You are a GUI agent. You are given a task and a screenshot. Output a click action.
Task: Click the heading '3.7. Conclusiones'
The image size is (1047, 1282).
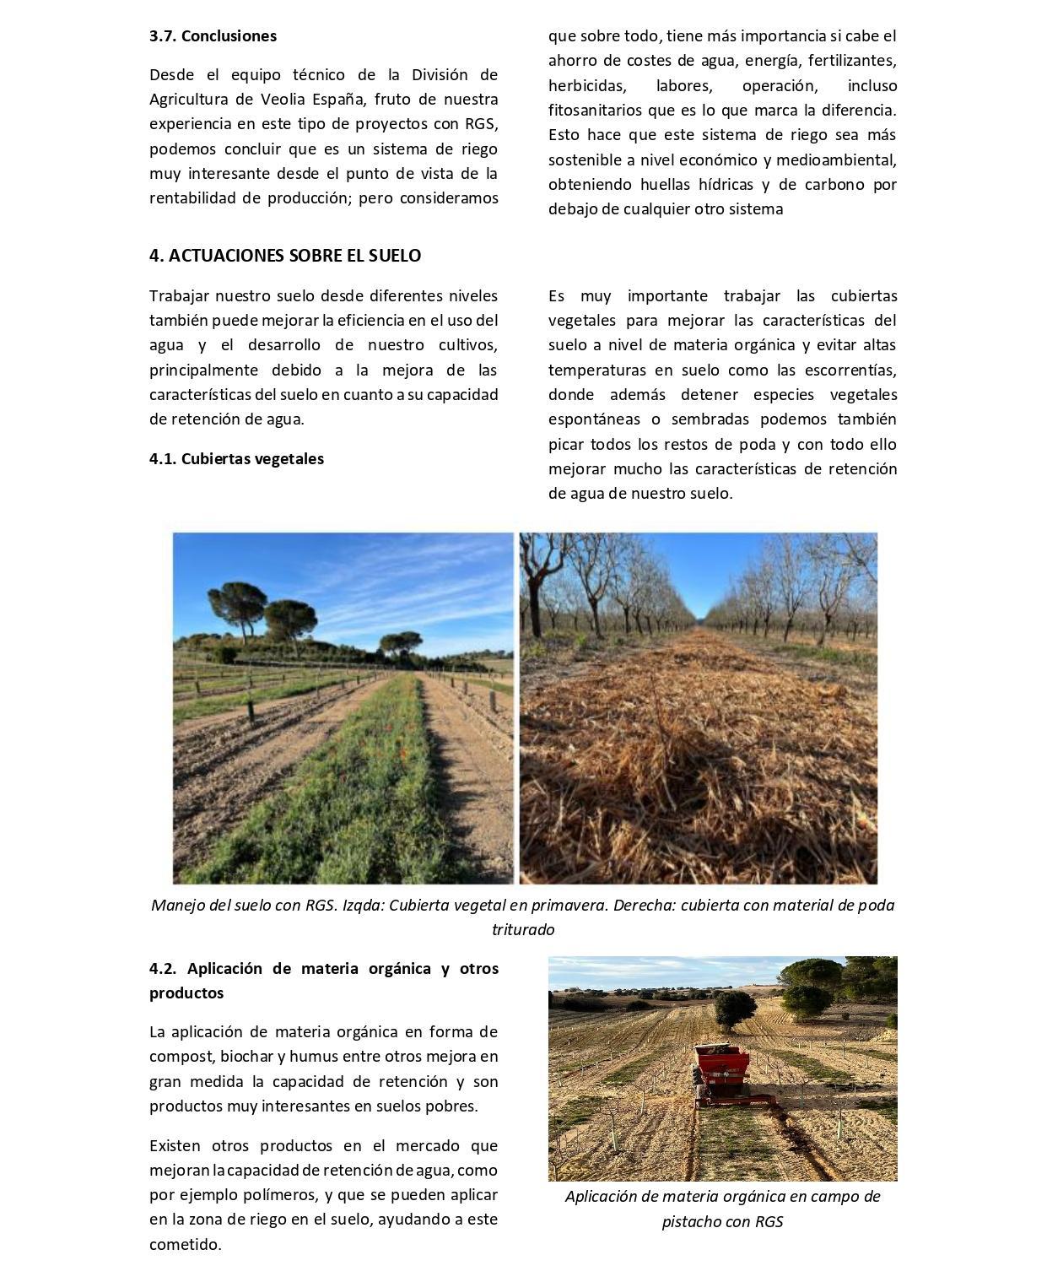click(x=213, y=36)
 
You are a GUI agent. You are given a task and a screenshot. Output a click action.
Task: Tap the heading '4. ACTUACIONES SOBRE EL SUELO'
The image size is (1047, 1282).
click(x=285, y=256)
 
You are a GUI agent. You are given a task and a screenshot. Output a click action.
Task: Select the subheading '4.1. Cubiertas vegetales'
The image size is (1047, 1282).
click(x=236, y=459)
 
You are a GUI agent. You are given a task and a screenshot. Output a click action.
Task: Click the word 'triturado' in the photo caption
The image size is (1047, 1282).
click(x=523, y=930)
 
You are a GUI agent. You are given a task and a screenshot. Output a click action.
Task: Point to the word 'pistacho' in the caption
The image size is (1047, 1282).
click(x=693, y=1221)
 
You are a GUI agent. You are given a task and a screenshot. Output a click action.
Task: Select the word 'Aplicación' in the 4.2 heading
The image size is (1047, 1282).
click(x=224, y=969)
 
